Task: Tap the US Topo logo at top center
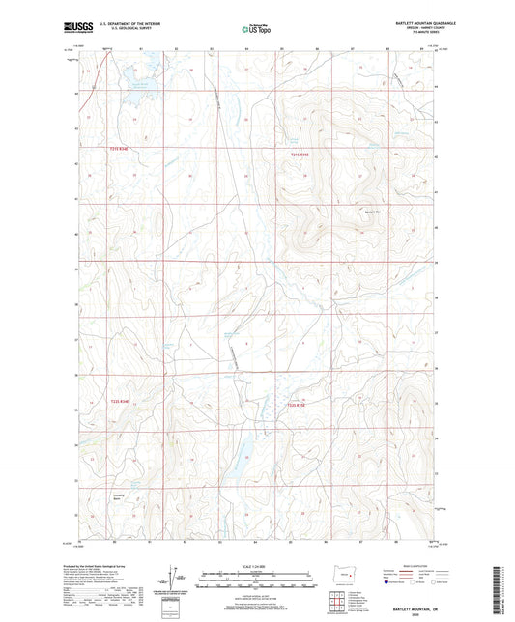pyautogui.click(x=256, y=29)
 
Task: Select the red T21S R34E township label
pyautogui.click(x=117, y=148)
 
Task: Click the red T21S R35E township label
pyautogui.click(x=300, y=155)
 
